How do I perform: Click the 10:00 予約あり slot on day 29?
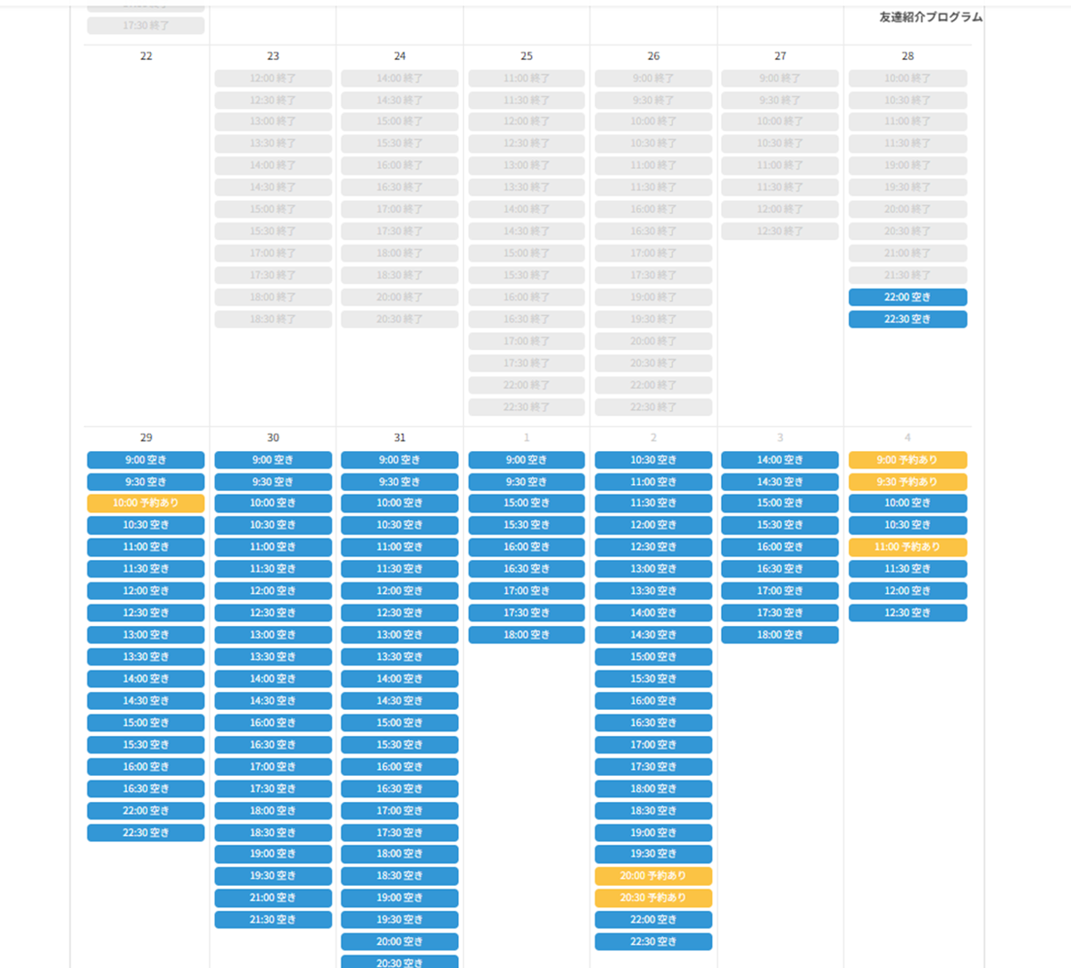[145, 504]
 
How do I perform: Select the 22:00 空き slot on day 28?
[908, 297]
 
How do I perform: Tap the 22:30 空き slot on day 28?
[908, 320]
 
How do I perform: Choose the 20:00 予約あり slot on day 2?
[653, 876]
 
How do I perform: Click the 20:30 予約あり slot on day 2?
[653, 898]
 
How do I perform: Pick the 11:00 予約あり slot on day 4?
[908, 547]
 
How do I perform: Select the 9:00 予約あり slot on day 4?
[908, 460]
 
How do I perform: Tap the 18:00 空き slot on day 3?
[780, 635]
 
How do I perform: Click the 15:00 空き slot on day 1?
[527, 504]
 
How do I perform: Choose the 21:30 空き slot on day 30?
[273, 920]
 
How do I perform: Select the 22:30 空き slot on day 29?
[145, 833]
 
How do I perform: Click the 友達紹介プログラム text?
[930, 17]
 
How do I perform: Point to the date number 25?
[527, 56]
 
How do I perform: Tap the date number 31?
[400, 438]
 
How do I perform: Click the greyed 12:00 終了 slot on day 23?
[273, 79]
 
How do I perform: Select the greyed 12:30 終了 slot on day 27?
[780, 231]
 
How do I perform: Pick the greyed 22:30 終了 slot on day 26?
[653, 407]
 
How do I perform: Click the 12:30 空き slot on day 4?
[908, 613]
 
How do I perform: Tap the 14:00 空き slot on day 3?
[780, 460]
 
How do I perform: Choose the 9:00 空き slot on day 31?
[400, 460]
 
